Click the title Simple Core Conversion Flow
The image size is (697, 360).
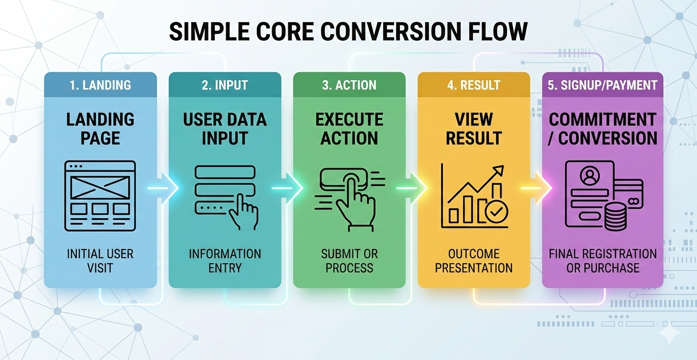[x=348, y=32]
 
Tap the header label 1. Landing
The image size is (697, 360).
[x=100, y=85]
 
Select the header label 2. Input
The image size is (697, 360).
[x=225, y=85]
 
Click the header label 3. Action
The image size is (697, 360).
[x=349, y=85]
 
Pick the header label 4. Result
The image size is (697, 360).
[x=473, y=85]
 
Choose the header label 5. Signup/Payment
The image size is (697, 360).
[x=603, y=85]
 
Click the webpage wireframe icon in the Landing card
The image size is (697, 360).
[x=100, y=196]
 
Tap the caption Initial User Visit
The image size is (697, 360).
[x=100, y=261]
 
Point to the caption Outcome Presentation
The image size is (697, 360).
[x=473, y=261]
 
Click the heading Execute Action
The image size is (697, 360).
[x=349, y=129]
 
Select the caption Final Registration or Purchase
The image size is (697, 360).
[x=603, y=261]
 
